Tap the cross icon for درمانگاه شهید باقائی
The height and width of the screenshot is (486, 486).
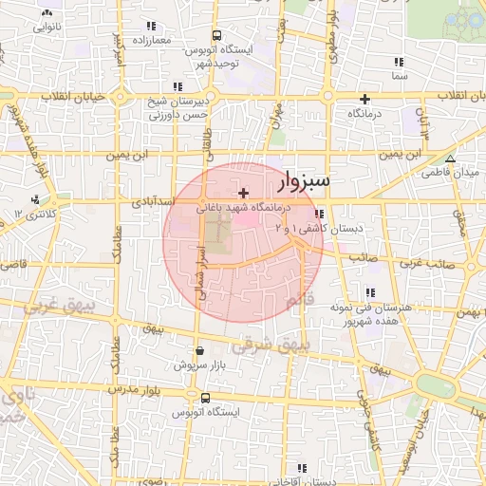click(x=243, y=192)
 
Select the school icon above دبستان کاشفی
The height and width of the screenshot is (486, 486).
click(x=320, y=214)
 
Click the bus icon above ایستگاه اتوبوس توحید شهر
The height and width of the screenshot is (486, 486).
click(x=216, y=35)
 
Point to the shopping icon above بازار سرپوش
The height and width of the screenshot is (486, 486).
click(x=198, y=349)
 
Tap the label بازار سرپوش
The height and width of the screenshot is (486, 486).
click(x=198, y=364)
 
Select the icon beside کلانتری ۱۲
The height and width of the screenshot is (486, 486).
click(x=35, y=199)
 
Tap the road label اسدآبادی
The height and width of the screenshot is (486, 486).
click(x=151, y=202)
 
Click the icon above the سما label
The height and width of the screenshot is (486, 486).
click(x=398, y=62)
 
